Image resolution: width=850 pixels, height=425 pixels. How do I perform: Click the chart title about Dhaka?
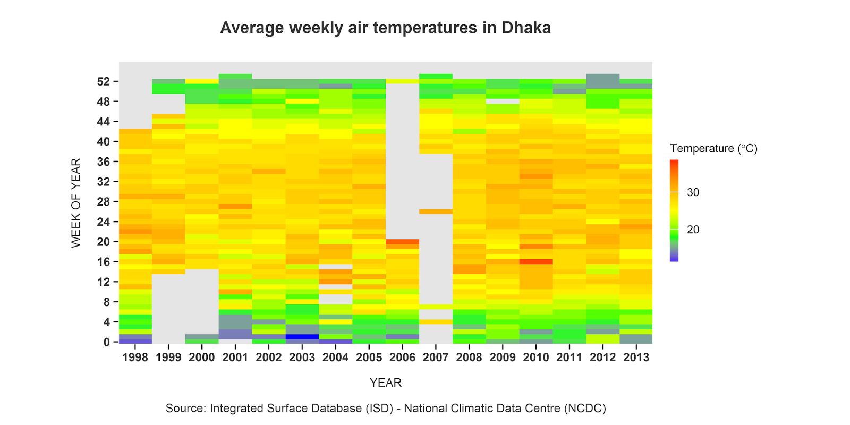tap(385, 28)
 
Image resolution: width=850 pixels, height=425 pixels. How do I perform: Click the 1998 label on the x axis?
tap(135, 357)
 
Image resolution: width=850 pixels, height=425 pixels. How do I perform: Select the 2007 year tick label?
tap(436, 357)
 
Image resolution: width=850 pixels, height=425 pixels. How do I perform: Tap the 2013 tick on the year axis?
tap(636, 357)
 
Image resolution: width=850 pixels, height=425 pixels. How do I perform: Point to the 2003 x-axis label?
tap(302, 357)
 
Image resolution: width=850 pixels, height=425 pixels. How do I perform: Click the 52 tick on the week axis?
tap(104, 81)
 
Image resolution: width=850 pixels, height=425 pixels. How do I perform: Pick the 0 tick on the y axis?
tap(107, 342)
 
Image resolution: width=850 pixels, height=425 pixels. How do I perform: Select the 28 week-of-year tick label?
tap(104, 202)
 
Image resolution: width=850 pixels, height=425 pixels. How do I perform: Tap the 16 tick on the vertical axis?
tap(104, 262)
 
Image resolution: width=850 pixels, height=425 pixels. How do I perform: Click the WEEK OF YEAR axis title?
tap(76, 202)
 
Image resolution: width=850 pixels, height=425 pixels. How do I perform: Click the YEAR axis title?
tap(385, 382)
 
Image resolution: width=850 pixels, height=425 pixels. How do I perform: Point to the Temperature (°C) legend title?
tap(713, 148)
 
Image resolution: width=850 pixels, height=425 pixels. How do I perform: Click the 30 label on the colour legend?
tap(693, 192)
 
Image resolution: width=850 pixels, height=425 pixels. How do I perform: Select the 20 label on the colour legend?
tap(693, 229)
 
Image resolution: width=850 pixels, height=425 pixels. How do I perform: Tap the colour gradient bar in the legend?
tap(674, 210)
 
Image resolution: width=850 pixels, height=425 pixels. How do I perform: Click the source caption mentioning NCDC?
tap(385, 409)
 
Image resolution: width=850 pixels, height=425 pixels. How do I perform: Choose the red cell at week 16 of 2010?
tap(536, 261)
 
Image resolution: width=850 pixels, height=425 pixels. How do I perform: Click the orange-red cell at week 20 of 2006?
tap(402, 242)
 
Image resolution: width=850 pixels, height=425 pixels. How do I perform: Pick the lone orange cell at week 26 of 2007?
tap(436, 211)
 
